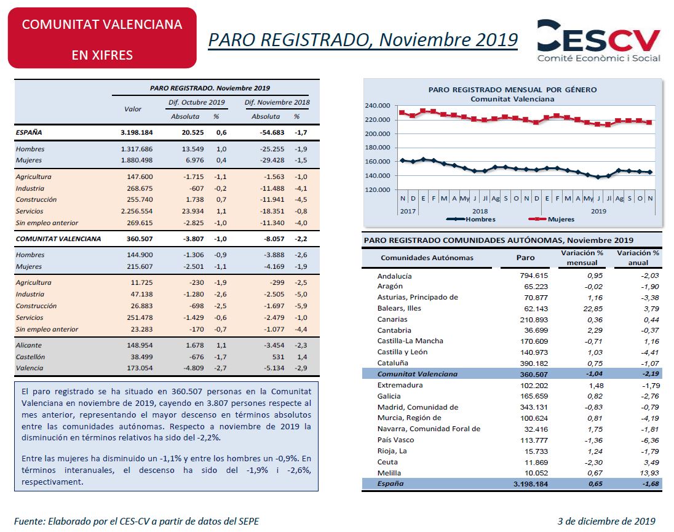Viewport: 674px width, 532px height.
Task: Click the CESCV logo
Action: (x=598, y=41)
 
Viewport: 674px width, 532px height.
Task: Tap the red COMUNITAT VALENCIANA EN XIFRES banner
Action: (x=102, y=38)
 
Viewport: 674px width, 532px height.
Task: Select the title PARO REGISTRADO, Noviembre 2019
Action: (x=363, y=39)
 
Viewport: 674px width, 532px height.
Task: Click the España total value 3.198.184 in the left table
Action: (x=137, y=132)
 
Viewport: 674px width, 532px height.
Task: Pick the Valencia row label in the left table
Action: (x=30, y=368)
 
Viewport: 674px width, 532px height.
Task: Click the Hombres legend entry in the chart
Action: (x=471, y=219)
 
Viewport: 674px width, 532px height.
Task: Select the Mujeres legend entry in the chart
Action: (x=552, y=219)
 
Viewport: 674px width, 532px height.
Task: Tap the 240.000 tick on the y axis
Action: (x=378, y=105)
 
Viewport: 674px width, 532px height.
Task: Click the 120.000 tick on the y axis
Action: (x=378, y=189)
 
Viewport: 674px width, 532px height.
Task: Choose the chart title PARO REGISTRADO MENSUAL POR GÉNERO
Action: (x=512, y=89)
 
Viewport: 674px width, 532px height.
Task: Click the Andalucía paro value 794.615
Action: (x=534, y=276)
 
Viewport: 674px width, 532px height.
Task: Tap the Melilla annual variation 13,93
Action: (x=649, y=473)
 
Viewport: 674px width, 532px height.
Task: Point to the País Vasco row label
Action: (x=395, y=440)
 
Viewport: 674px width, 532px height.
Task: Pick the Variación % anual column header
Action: (x=638, y=258)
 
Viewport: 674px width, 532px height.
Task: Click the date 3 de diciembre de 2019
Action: (x=606, y=522)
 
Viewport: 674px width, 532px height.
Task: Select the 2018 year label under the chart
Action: (x=480, y=211)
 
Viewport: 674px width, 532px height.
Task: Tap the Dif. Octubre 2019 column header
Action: (x=196, y=102)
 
